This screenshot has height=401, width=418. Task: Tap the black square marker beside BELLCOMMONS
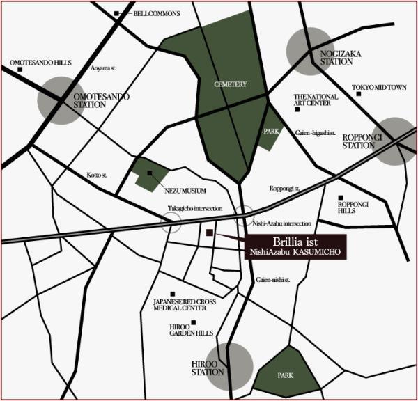[x=116, y=13]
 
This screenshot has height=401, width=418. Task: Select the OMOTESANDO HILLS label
[x=40, y=63]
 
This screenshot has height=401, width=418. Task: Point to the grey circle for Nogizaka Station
[x=309, y=50]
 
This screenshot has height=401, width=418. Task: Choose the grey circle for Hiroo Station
[x=229, y=367]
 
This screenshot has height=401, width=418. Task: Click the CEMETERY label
[x=231, y=84]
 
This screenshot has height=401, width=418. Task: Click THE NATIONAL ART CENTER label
[x=316, y=101]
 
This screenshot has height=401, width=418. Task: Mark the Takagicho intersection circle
[x=171, y=222]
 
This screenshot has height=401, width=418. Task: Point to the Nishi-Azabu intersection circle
[x=244, y=217]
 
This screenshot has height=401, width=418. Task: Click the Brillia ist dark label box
[x=297, y=248]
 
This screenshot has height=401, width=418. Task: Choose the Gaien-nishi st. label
[x=272, y=280]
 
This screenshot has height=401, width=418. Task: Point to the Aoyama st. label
[x=102, y=68]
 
